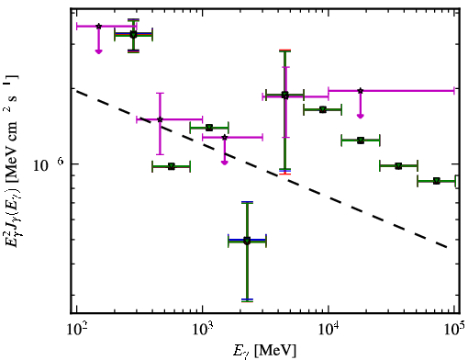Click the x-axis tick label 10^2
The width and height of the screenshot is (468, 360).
[76, 330]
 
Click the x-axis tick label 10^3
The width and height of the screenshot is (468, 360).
[203, 330]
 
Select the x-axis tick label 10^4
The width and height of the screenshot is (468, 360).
[329, 330]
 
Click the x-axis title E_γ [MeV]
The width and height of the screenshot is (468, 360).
[264, 351]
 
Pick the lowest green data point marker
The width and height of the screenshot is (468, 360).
[247, 241]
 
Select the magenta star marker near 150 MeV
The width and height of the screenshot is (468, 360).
[98, 27]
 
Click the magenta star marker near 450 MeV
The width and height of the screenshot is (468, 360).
[160, 119]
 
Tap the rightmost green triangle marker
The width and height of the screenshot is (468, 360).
[437, 181]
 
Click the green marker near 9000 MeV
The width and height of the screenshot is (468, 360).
[323, 109]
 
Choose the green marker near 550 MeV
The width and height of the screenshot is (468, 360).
[172, 166]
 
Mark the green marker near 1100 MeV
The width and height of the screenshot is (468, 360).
[209, 128]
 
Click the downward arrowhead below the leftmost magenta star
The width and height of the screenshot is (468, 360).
[98, 51]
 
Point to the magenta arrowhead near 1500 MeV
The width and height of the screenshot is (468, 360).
[225, 163]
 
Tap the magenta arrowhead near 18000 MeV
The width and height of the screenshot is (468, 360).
[361, 116]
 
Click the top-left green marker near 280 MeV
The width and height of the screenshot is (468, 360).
[133, 35]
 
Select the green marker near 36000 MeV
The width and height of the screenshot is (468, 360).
[398, 166]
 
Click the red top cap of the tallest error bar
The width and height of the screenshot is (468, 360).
[284, 50]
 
